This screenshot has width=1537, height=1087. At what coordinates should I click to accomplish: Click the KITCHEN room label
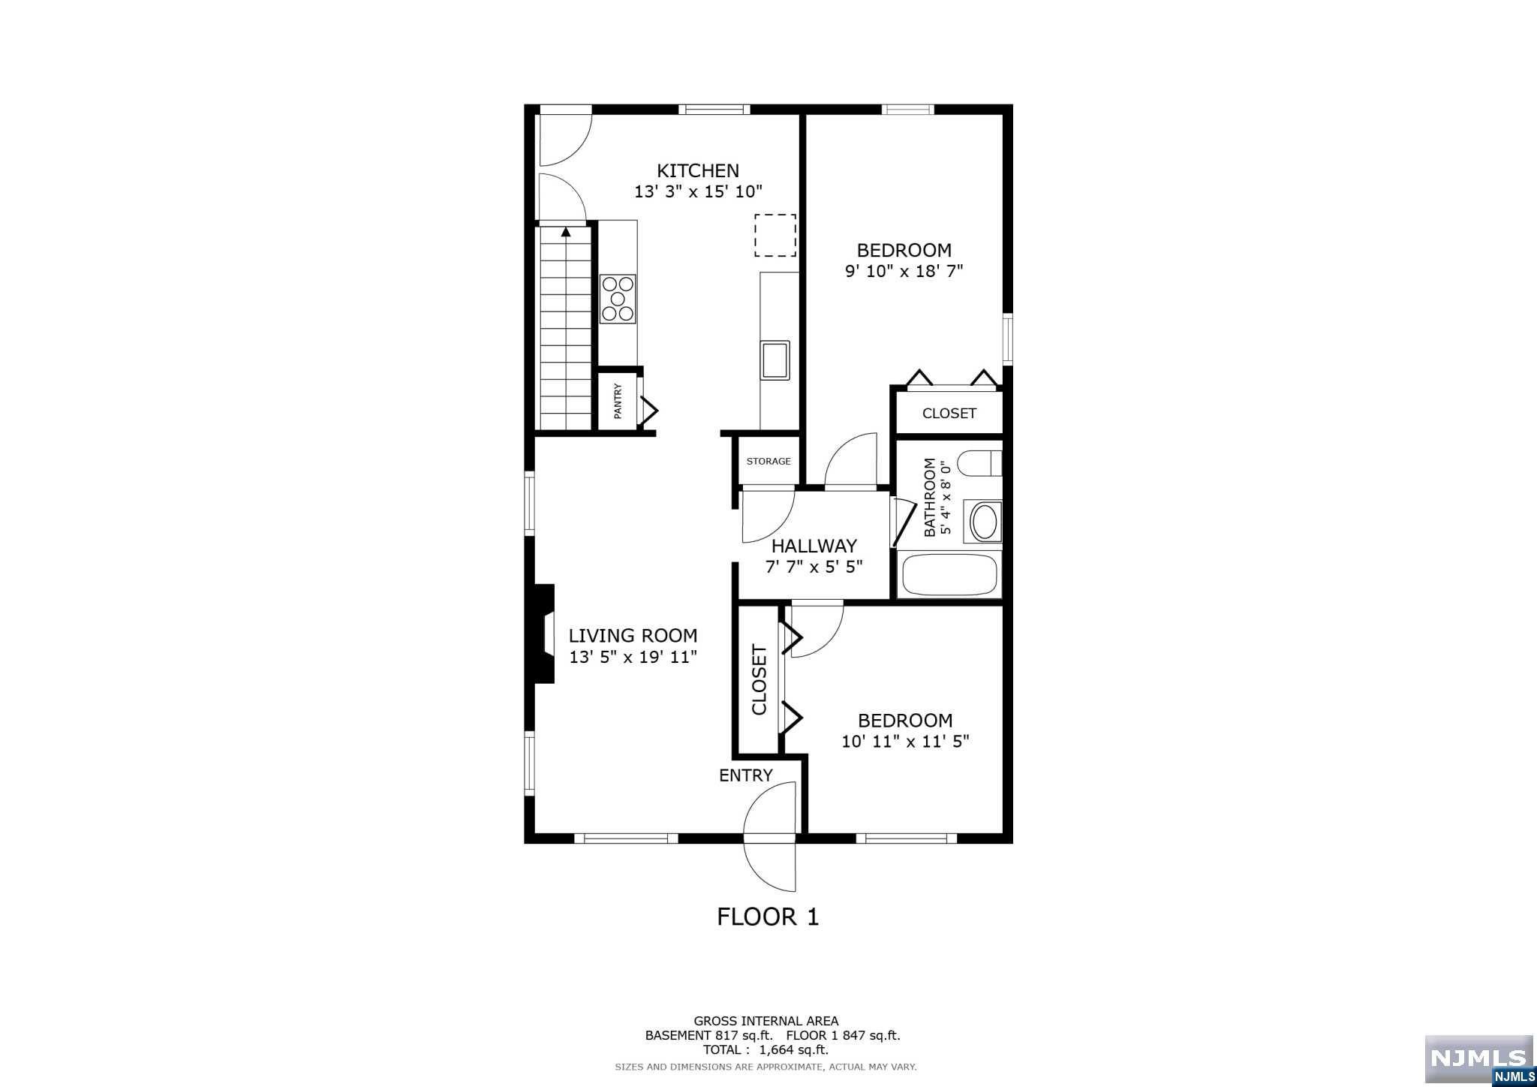(x=698, y=170)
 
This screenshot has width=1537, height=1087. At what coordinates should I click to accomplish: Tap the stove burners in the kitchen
(x=618, y=299)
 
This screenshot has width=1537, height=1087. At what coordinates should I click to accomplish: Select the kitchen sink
(x=775, y=360)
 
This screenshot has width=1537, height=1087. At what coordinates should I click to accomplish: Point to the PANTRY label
(x=618, y=401)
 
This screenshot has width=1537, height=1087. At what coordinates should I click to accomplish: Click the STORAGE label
(x=768, y=461)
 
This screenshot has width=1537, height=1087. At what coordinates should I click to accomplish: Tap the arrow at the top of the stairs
(x=566, y=232)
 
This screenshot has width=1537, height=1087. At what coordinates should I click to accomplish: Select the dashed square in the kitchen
(x=775, y=235)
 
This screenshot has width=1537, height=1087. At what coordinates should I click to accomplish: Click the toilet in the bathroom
(x=981, y=463)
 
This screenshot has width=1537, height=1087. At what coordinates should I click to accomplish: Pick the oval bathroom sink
(x=985, y=522)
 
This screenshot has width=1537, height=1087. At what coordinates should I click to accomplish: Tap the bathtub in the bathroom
(x=950, y=575)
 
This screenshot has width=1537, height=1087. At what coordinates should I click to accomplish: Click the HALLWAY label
(x=814, y=546)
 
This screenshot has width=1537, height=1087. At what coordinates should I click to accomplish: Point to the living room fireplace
(x=543, y=634)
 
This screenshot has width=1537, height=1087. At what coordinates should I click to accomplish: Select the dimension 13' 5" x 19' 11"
(x=633, y=657)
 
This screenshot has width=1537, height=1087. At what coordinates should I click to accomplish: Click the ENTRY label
(x=746, y=775)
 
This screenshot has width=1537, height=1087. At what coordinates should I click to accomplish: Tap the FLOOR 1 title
(x=768, y=917)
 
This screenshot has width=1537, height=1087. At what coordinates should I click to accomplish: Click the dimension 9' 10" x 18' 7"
(x=904, y=271)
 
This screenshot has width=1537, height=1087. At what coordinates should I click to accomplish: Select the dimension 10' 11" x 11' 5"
(x=905, y=742)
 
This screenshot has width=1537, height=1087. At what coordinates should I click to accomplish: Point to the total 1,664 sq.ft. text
(x=765, y=1049)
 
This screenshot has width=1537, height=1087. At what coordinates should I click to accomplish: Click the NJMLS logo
(x=1479, y=1058)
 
